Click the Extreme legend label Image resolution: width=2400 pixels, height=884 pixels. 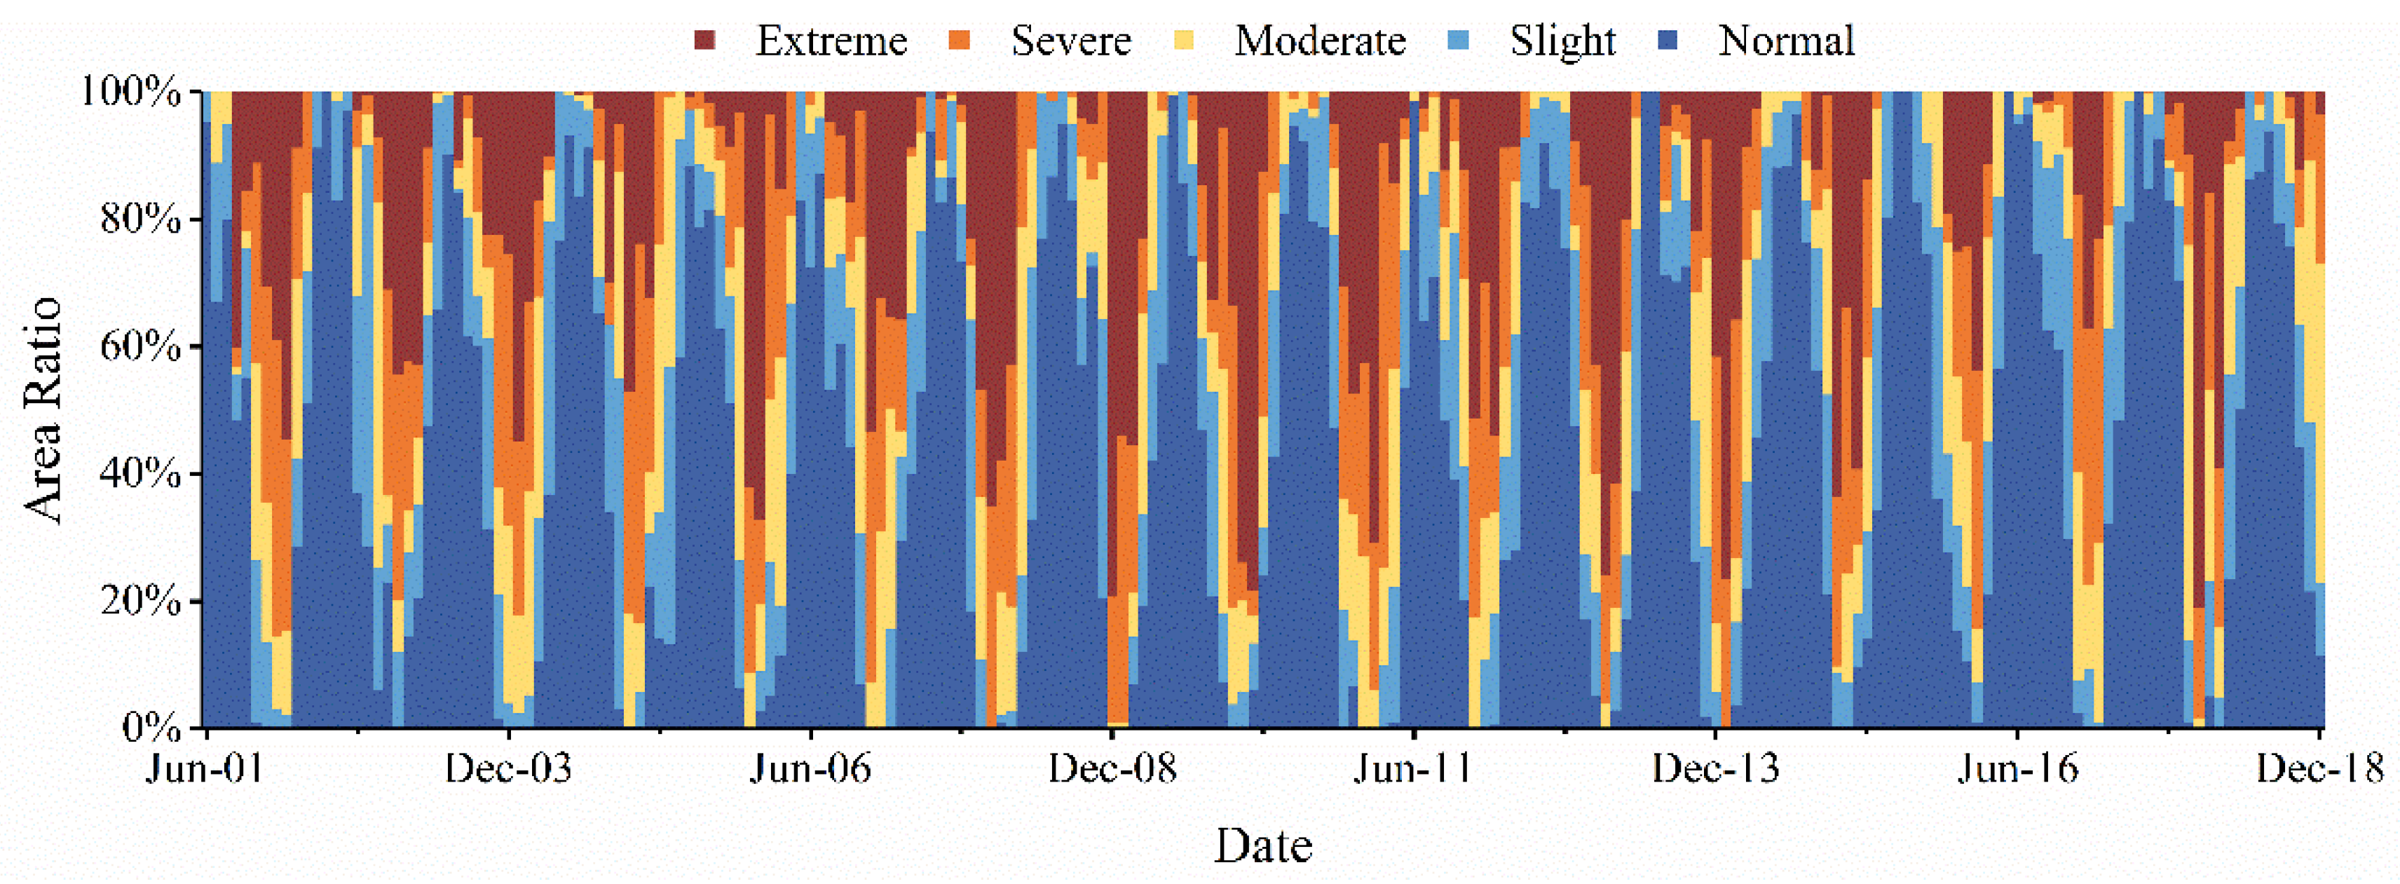coord(831,41)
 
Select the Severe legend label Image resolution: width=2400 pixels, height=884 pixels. coord(1070,41)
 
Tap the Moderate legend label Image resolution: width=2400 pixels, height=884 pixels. coord(1319,41)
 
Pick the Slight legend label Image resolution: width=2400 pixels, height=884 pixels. coord(1562,41)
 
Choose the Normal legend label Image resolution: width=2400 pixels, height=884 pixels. coord(1786,41)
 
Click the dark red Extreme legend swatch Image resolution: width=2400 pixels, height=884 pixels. coord(705,40)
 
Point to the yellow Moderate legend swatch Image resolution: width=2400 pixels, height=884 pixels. coord(1184,40)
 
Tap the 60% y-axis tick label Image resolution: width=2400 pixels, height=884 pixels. coord(139,346)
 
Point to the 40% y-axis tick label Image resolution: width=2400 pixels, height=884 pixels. coord(139,473)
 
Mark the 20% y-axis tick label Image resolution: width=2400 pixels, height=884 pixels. coord(139,600)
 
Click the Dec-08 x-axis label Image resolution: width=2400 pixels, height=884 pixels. coord(1112,770)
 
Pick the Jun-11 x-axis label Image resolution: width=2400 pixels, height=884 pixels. coord(1413,770)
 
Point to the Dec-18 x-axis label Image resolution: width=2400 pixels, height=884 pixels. coord(2318,770)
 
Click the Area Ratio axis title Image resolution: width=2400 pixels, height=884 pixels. coord(43,410)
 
